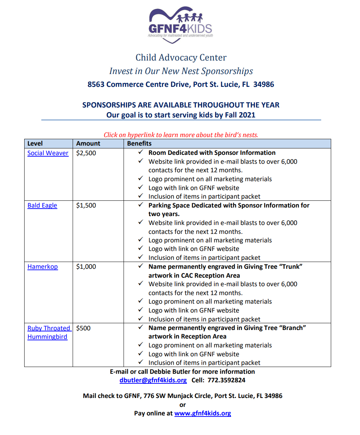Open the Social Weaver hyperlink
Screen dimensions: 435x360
pos(48,153)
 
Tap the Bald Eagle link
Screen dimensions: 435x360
pos(42,205)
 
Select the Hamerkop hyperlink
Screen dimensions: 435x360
pos(42,267)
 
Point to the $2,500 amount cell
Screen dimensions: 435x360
pos(86,153)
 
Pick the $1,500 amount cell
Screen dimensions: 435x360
pos(86,205)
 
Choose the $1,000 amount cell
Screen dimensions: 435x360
pos(86,267)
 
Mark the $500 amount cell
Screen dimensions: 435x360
pos(83,328)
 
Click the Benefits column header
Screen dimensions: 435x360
pos(139,143)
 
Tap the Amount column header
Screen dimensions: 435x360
pos(88,143)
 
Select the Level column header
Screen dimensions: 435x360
pos(35,143)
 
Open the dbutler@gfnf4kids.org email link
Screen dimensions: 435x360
pos(153,380)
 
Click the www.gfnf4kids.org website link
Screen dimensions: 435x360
pos(203,413)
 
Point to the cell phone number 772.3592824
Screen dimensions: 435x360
pos(226,380)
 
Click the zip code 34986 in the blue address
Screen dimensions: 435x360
pos(264,84)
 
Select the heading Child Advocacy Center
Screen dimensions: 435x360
pos(181,58)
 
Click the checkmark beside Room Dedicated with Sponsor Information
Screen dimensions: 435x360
pos(141,152)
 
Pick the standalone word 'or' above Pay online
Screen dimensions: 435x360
pos(183,405)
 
